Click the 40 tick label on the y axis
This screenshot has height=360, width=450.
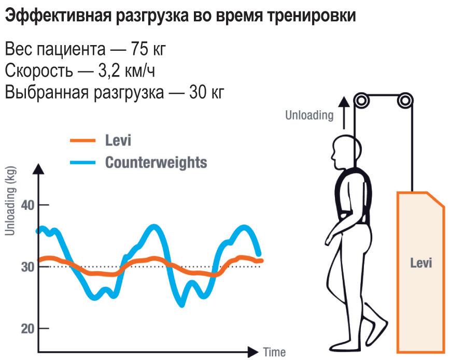26,205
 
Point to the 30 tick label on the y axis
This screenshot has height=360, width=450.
26,267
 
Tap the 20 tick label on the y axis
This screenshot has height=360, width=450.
26,328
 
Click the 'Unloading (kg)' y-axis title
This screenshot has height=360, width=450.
10,201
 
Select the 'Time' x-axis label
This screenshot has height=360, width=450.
274,352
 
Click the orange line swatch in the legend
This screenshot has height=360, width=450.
83,140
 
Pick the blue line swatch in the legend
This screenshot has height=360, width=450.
83,162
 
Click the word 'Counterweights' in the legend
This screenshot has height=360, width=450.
156,162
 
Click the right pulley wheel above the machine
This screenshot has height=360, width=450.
405,100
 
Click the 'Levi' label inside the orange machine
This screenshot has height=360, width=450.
421,263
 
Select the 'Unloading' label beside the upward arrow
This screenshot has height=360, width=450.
310,115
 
